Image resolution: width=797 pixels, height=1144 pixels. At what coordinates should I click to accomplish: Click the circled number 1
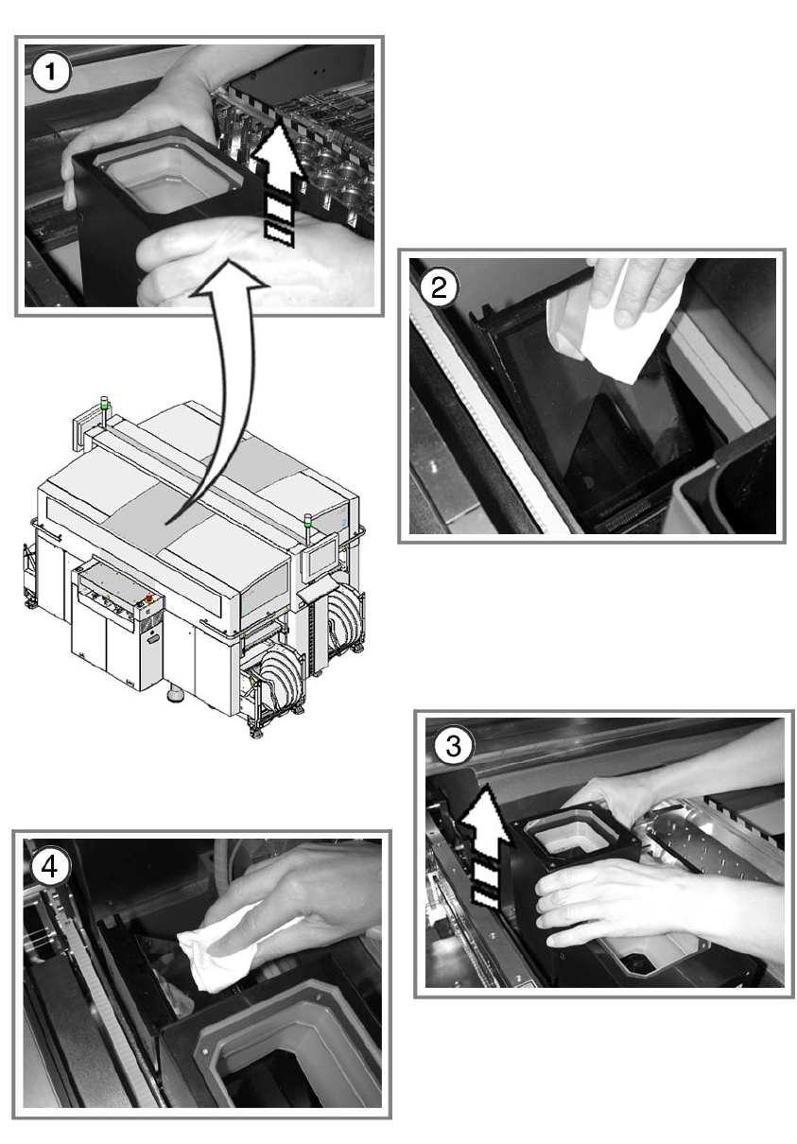coord(50,72)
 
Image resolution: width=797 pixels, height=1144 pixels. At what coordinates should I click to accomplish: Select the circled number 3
coord(454,745)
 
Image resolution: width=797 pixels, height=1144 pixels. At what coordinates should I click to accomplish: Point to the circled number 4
coord(49,866)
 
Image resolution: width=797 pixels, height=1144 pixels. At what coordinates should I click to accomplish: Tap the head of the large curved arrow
coord(230,278)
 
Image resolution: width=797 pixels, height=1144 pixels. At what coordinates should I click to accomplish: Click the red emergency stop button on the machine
coord(149,598)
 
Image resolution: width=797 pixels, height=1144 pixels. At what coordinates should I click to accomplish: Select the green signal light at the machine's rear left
coord(105,406)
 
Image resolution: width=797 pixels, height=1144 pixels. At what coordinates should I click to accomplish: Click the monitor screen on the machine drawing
coord(320,560)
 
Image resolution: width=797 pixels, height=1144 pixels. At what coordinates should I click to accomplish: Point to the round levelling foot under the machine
coord(175,695)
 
